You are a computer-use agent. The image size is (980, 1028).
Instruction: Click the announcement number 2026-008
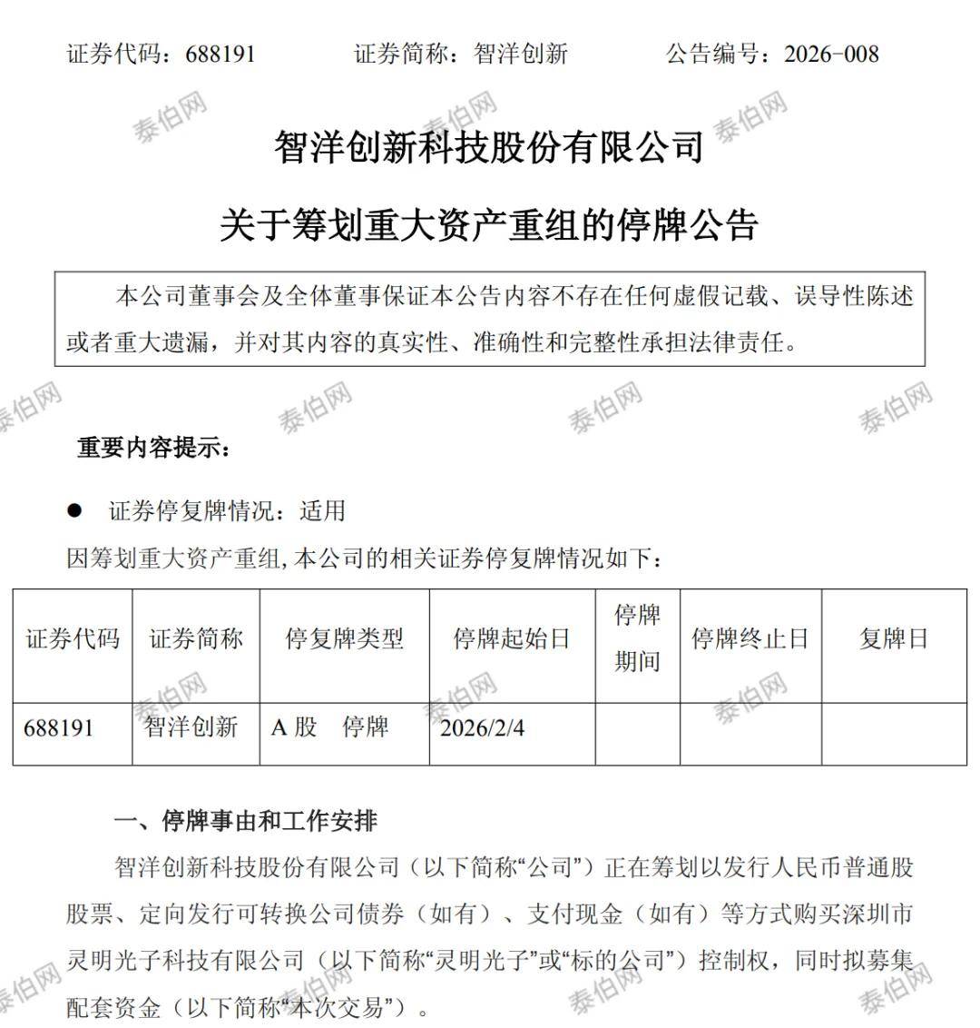[831, 54]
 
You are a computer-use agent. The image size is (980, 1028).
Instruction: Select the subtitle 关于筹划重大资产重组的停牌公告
[489, 224]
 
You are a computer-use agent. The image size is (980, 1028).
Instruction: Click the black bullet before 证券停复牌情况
[74, 510]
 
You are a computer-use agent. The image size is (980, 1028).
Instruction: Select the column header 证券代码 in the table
[73, 639]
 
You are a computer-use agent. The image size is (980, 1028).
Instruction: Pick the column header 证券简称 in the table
[196, 639]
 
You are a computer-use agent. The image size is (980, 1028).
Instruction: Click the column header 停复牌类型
[344, 639]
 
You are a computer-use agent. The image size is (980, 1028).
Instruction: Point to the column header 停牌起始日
[512, 639]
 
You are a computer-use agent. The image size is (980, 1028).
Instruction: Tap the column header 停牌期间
[637, 639]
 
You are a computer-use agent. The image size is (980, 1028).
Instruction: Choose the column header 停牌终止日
[750, 639]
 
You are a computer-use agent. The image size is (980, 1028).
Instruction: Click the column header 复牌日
[894, 639]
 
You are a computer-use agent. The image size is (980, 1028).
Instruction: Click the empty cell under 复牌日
[894, 734]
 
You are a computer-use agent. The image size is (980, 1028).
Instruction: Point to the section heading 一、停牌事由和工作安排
[245, 822]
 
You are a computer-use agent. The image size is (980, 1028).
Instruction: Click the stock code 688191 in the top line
[220, 54]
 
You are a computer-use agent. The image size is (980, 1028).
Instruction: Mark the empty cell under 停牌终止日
[750, 734]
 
